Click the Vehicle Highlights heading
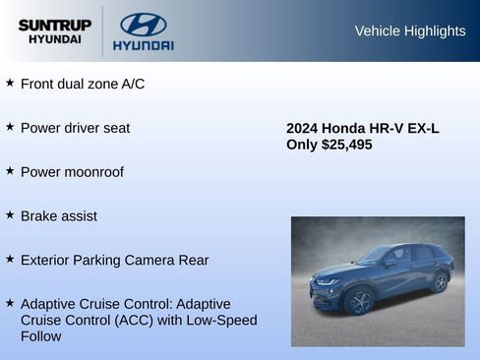point(409,31)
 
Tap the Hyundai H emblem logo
point(143,24)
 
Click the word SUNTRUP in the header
point(54,25)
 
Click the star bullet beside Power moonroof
point(10,171)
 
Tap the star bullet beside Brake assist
point(10,214)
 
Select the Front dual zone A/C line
point(83,85)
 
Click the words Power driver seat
point(75,128)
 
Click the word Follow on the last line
point(40,336)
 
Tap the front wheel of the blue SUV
point(358,301)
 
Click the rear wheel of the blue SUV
point(439,283)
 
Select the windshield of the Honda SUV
point(376,256)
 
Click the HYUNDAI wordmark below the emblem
point(143,46)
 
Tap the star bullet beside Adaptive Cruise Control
point(10,303)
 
